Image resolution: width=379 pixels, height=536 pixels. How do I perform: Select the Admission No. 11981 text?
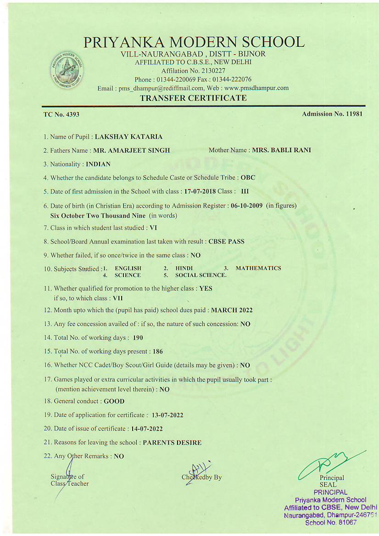[332, 114]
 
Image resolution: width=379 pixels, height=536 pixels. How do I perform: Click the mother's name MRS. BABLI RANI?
[281, 150]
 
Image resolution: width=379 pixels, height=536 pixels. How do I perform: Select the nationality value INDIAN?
[98, 164]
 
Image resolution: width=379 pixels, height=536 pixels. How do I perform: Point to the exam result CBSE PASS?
[226, 241]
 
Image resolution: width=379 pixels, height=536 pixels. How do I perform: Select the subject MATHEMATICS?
[258, 268]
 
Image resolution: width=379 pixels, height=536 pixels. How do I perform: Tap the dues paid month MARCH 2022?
[232, 310]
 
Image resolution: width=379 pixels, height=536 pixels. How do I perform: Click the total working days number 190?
[138, 338]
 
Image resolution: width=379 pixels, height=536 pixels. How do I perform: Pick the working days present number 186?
[156, 352]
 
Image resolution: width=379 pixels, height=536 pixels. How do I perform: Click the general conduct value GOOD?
[114, 401]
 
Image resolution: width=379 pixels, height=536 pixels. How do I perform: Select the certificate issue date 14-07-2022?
[147, 429]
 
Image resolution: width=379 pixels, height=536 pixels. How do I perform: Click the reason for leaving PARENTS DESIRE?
[172, 442]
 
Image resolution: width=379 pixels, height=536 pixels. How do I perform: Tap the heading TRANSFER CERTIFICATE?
[193, 98]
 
